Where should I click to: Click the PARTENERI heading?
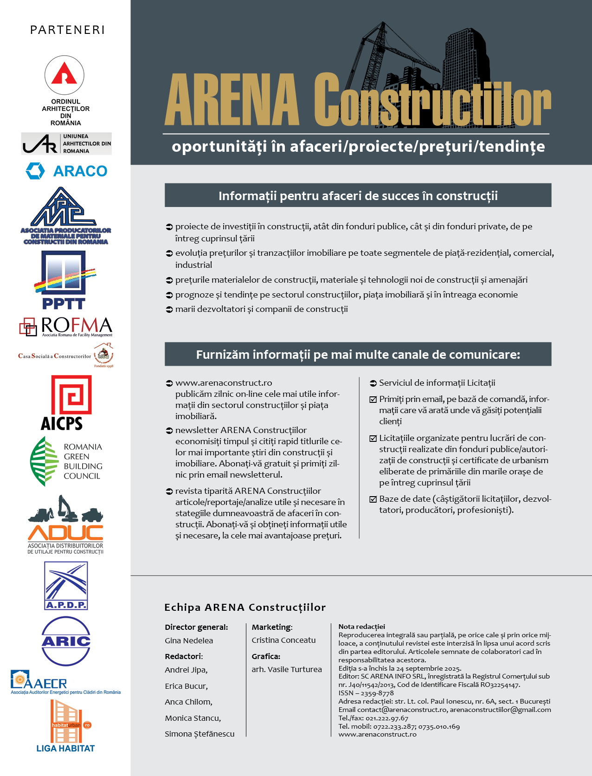coord(67,30)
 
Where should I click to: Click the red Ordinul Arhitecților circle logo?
coord(64,75)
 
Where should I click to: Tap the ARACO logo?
coord(66,171)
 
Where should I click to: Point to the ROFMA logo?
coord(66,326)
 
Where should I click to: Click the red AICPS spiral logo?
coord(71,395)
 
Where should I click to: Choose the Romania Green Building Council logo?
coord(66,461)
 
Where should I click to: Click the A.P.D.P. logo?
coord(66,585)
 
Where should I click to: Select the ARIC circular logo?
coord(66,641)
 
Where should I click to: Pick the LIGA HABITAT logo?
coord(66,726)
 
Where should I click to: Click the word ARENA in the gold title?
coord(232,100)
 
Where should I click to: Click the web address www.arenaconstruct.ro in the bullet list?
coord(224,383)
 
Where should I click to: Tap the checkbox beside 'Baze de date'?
coord(373,499)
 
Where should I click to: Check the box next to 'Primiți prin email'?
coord(373,400)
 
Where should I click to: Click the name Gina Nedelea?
coord(189,640)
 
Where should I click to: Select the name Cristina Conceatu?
coord(283,640)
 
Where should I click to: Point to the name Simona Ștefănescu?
coord(199,734)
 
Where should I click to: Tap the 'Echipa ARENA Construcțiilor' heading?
coord(245,607)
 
